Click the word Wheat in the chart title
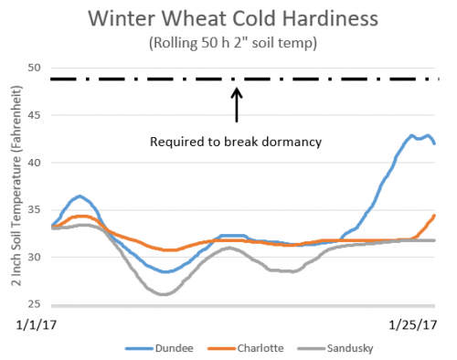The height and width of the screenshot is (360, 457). [199, 18]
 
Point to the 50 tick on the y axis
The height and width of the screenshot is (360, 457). [36, 68]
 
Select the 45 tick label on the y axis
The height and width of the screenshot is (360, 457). [36, 115]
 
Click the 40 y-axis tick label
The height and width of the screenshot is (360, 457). [36, 163]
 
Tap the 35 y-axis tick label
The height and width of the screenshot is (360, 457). [36, 210]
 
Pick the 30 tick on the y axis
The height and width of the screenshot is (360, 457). [36, 258]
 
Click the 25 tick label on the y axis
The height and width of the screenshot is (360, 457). [36, 304]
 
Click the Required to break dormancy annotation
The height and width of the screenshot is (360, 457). [237, 143]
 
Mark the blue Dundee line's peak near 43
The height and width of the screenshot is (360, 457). [413, 135]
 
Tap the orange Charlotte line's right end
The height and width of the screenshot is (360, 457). [434, 215]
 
